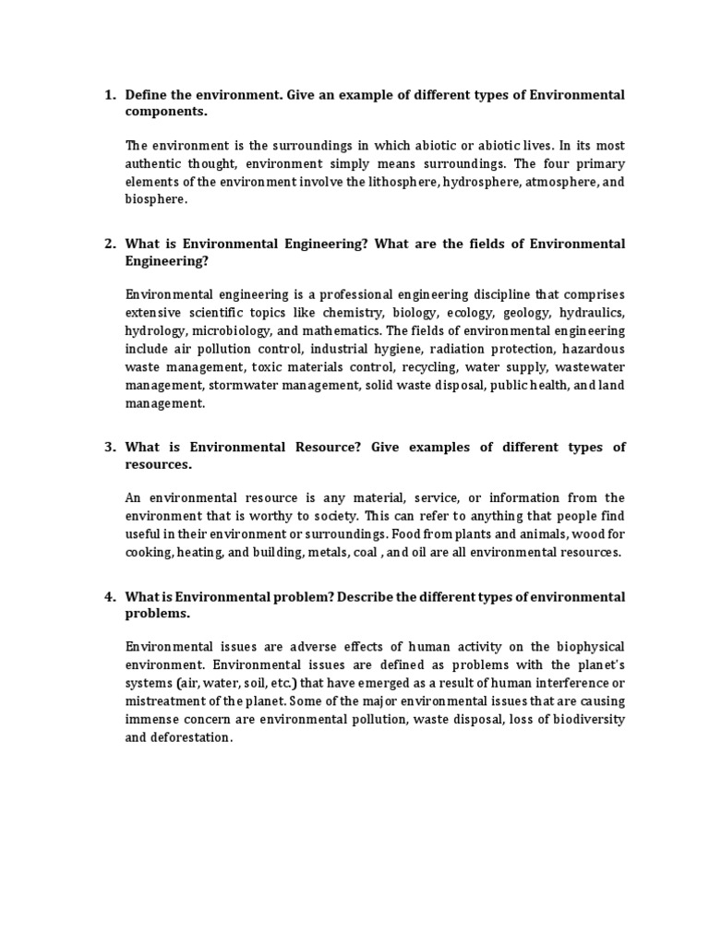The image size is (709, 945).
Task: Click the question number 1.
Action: click(x=108, y=95)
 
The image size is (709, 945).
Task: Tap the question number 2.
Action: click(x=108, y=244)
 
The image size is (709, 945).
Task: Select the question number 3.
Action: click(x=108, y=447)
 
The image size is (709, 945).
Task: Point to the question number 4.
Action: click(x=108, y=597)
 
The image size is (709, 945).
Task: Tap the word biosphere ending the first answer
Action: click(x=155, y=198)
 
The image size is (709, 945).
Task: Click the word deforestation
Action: click(x=196, y=737)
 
